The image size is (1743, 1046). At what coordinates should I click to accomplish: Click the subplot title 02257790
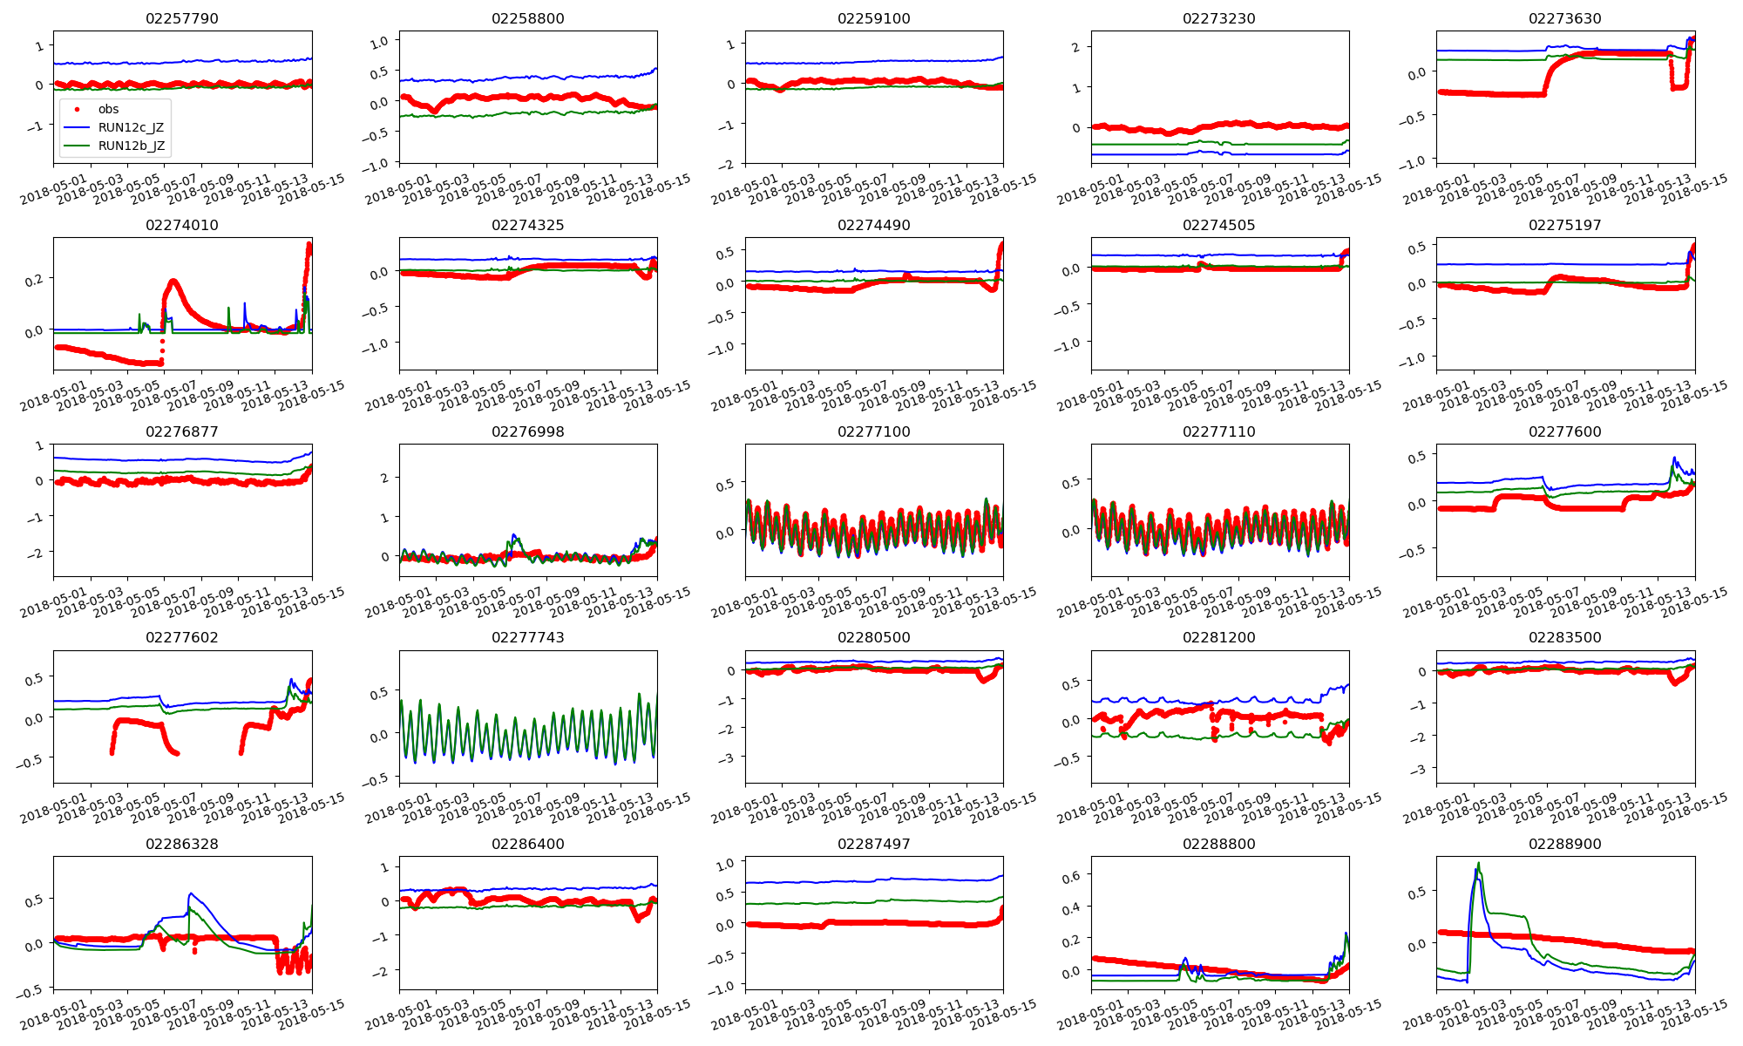point(182,18)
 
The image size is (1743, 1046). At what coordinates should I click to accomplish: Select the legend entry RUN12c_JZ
point(131,127)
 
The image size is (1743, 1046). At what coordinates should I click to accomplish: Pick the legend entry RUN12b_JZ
point(131,146)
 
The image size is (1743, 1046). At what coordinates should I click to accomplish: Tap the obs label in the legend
point(108,109)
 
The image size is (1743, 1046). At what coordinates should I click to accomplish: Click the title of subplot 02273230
point(1219,18)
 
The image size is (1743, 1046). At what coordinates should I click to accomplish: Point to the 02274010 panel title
point(182,225)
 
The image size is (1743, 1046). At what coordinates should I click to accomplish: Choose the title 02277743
point(527,637)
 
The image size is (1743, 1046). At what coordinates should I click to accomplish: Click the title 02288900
point(1564,844)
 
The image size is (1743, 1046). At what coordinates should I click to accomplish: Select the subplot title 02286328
point(182,844)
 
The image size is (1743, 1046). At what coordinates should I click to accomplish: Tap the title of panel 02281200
point(1219,637)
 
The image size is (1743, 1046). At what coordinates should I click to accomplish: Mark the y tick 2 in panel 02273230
point(1076,47)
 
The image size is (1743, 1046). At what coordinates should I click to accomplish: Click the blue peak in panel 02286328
point(190,893)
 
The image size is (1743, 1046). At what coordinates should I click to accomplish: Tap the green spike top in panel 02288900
point(1478,864)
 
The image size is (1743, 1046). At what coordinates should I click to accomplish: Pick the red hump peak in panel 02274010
point(173,281)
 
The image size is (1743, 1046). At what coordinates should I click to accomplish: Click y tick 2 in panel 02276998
point(384,478)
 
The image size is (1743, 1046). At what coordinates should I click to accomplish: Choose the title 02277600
point(1564,431)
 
